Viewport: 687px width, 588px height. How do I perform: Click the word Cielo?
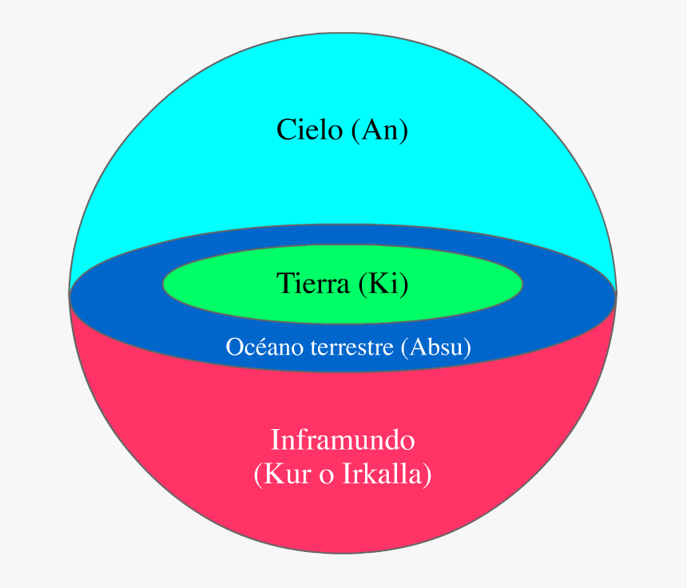309,129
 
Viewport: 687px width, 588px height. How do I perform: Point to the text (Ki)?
383,283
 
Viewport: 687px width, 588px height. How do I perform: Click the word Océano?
256,348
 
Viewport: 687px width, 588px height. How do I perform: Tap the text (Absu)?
436,348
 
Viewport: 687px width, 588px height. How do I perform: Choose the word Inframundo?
343,440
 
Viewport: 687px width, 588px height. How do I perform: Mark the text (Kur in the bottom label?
279,475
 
